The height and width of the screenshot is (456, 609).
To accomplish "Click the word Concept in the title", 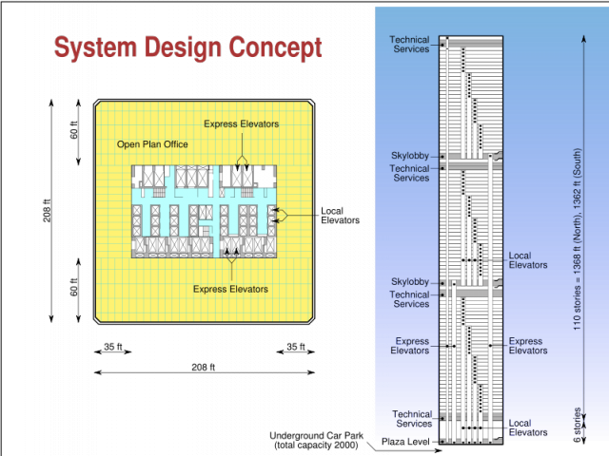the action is pos(275,47).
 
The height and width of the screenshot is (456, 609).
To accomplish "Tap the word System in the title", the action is pos(95,47).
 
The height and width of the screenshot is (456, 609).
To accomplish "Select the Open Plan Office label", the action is pos(152,144).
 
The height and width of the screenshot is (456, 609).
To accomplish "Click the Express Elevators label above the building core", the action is pos(241,123).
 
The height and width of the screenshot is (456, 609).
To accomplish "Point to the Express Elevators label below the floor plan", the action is pos(230,289).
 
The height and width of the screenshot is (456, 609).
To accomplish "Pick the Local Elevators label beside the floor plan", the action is pos(341,216).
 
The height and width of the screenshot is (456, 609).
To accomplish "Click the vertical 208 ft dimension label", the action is pos(47,211).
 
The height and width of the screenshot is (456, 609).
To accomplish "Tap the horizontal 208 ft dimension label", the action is pos(203,368).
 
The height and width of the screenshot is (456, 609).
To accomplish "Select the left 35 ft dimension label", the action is pos(113,346).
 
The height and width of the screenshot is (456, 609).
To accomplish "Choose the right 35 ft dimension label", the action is pos(296,346).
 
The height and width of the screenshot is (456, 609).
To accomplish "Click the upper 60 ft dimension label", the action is pos(74,130).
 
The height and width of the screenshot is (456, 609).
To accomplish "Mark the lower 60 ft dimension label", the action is pos(74,287).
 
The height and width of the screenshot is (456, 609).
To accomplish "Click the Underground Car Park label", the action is pos(316,440).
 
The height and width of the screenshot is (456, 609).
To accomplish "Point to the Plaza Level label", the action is pos(405,442).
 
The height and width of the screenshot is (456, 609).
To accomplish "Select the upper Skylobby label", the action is pos(410,156).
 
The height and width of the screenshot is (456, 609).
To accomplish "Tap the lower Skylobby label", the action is pos(410,281).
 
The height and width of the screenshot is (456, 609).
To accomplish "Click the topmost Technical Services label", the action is pos(410,45).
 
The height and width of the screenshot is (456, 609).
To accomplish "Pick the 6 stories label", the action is pos(578,425).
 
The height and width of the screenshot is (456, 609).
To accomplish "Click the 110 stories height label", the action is pos(578,239).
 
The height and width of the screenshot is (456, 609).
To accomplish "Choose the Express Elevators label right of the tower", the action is pos(528,346).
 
